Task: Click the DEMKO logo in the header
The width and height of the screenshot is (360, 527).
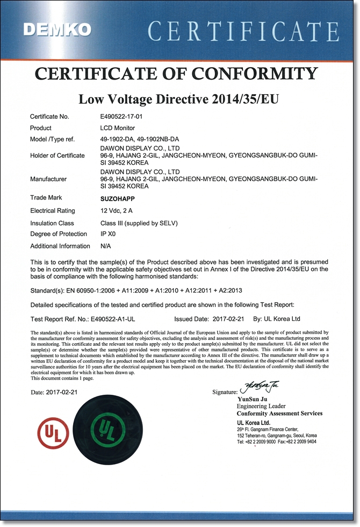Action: coord(57,30)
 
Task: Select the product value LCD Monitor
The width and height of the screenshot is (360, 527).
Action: coord(118,128)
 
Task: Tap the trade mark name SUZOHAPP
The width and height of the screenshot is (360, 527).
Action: coord(118,198)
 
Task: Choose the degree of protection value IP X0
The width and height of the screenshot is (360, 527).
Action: coord(108,234)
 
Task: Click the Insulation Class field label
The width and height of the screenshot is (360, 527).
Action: coord(52,223)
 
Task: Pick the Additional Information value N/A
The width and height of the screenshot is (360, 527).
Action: coord(106,246)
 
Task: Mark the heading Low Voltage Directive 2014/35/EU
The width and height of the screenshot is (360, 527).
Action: coord(179,99)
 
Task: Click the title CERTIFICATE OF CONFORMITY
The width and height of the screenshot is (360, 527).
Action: coord(179,74)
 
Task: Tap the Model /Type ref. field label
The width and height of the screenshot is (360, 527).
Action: coord(52,139)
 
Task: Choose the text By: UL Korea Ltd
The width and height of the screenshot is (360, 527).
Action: coord(276,319)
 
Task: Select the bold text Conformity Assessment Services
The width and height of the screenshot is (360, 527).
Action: coord(279,414)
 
